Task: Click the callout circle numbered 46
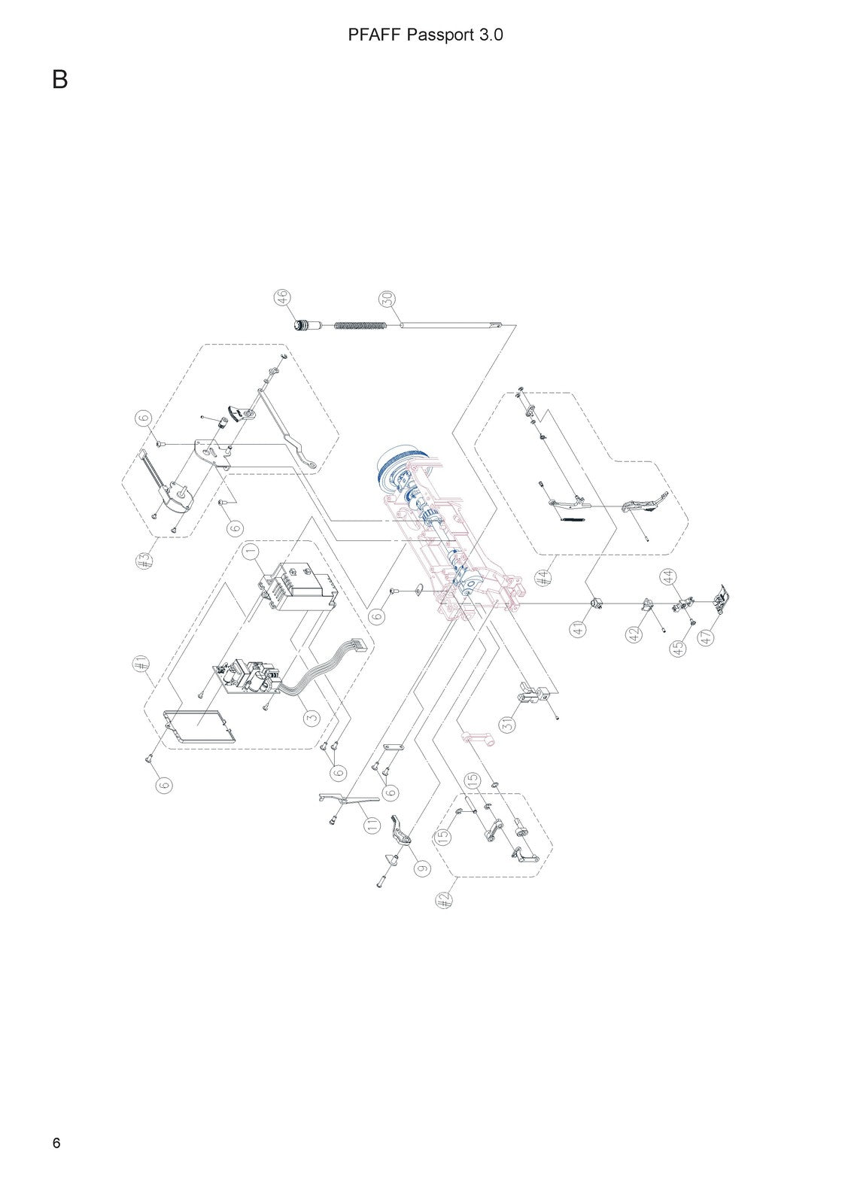(283, 297)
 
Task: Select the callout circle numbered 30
(388, 298)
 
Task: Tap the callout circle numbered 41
(579, 629)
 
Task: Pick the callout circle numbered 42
(635, 634)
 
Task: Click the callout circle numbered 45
(679, 648)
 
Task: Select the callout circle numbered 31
(508, 724)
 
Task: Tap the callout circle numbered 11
(372, 825)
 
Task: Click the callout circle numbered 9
(423, 868)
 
